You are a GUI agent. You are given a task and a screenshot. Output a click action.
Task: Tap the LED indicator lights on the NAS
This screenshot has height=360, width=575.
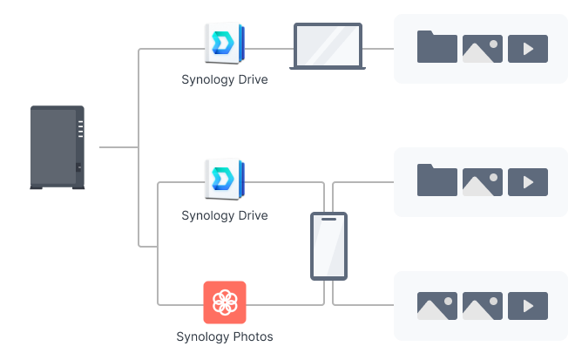click(80, 129)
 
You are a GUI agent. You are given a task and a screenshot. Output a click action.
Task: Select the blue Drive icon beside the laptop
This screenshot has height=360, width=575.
click(224, 43)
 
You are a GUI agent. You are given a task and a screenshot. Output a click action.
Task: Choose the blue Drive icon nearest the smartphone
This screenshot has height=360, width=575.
click(224, 178)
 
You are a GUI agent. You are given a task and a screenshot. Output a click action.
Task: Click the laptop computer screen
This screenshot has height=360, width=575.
click(328, 45)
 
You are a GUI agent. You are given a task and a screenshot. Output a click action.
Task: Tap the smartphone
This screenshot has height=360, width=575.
click(328, 246)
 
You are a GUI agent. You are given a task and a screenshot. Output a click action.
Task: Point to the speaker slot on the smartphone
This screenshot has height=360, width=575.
click(328, 220)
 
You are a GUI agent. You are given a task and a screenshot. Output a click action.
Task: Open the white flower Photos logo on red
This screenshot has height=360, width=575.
click(225, 302)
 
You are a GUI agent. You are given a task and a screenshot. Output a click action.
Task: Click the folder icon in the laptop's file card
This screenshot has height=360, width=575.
click(437, 47)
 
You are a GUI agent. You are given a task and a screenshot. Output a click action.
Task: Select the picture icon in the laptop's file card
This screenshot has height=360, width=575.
click(483, 49)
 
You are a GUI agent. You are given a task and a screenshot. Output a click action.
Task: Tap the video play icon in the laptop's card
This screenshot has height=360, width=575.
click(528, 49)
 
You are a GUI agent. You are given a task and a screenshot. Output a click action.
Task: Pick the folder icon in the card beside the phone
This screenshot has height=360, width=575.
click(437, 180)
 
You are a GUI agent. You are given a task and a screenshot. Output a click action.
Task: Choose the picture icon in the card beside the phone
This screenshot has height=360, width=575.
click(483, 182)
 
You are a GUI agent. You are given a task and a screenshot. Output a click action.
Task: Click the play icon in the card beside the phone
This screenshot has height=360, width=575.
click(528, 182)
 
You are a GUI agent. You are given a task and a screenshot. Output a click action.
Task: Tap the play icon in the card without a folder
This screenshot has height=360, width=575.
click(528, 306)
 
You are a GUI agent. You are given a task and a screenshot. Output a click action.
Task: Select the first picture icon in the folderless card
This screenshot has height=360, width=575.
click(437, 306)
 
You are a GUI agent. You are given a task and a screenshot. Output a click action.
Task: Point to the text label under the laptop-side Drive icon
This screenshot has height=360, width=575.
click(224, 79)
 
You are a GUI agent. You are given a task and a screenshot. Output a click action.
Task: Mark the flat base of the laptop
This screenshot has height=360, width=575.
click(328, 68)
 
